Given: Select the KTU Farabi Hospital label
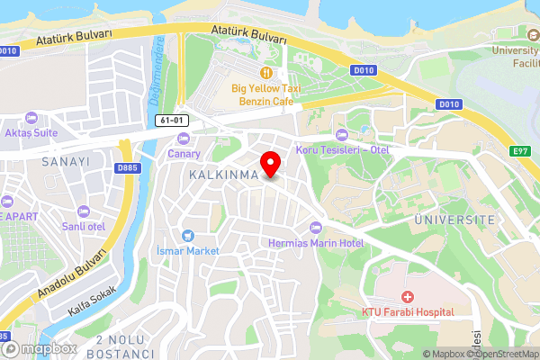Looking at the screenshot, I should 407,312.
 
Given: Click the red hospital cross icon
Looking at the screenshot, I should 407,296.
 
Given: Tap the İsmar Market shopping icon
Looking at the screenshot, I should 187,235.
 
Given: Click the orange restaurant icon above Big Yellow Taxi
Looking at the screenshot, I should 265,72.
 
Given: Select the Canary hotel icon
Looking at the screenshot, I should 184,138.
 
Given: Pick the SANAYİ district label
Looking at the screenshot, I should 65,161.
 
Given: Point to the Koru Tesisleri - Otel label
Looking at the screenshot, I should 342,149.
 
